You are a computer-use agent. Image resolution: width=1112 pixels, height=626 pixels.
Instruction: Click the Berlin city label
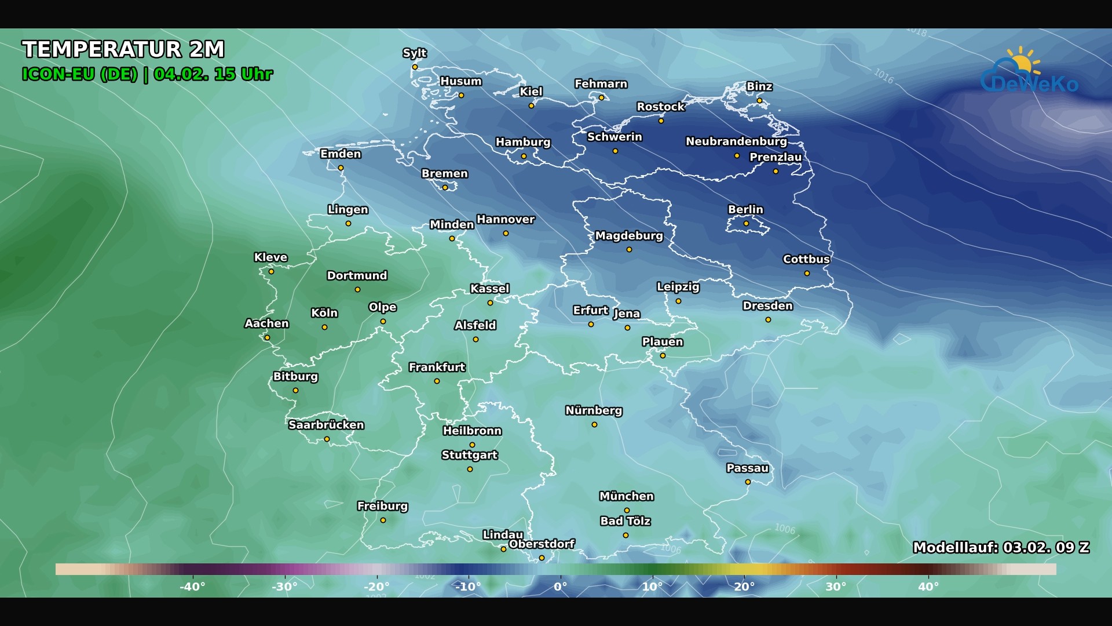coord(745,209)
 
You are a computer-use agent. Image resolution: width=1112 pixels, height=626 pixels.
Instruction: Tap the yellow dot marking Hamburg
coord(524,156)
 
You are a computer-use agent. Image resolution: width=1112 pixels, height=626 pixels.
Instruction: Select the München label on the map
coord(627,496)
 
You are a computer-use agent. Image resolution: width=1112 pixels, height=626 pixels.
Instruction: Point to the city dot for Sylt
coord(415,67)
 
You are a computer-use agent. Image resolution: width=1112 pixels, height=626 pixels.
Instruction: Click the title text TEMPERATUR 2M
coord(123,49)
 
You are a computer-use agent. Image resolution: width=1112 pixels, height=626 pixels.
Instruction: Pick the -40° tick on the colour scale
coord(192,587)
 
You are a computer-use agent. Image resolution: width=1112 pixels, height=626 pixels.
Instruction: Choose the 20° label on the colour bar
coord(744,587)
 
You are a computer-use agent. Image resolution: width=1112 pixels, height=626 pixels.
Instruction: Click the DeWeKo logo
coord(1030,72)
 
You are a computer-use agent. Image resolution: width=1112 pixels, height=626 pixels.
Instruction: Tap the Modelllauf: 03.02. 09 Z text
coord(1001,547)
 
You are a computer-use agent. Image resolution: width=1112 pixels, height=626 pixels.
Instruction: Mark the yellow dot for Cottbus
coord(807,274)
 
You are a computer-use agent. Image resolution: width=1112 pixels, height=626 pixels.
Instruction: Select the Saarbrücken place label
coord(326,425)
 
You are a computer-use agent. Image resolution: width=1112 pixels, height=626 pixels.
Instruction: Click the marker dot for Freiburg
coord(383,521)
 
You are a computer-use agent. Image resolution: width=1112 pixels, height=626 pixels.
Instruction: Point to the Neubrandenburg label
coord(736,141)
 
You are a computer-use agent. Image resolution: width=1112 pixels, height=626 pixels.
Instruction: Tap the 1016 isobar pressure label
coord(884,75)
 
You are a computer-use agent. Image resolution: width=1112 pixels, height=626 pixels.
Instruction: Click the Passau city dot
coord(748,482)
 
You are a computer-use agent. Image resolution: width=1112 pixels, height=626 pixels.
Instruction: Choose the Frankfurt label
coord(437,367)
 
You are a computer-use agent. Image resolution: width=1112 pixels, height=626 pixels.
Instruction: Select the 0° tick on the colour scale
coord(560,587)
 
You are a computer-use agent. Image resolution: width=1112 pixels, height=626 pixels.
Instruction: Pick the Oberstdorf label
coord(542,544)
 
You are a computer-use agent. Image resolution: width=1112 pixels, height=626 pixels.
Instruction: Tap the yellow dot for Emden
coord(341,168)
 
